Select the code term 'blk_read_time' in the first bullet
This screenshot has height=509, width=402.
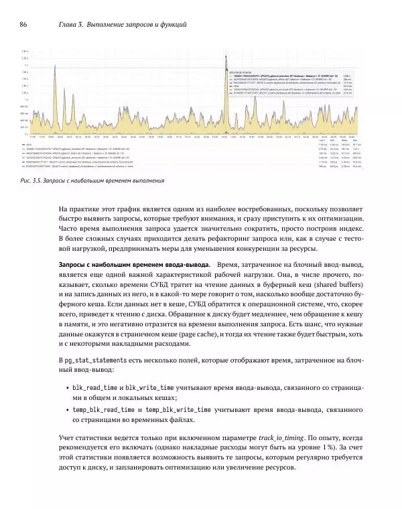93,388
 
